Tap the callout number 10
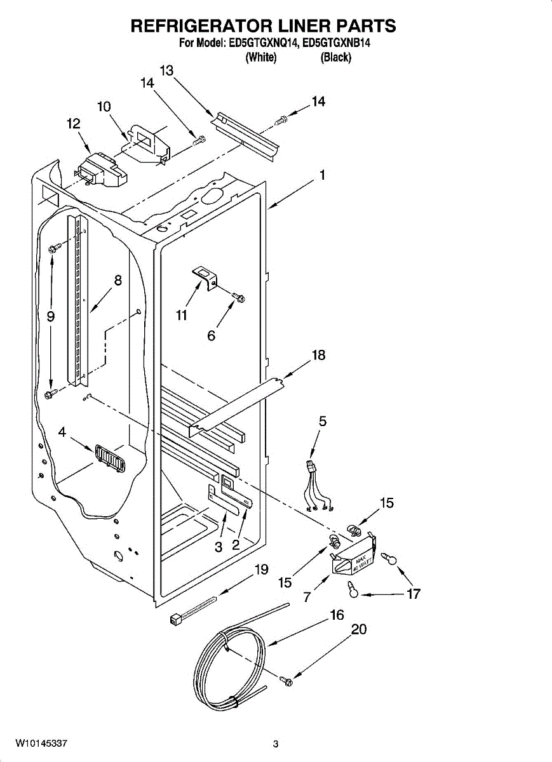coord(104,107)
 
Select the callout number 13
coord(167,71)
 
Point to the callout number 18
coord(318,355)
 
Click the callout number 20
coord(359,629)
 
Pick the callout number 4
coord(62,432)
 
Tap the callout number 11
coord(182,315)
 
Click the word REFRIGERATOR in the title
coord(201,26)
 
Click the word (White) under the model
coord(260,58)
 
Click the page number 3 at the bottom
coord(276,744)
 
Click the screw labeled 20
coord(285,681)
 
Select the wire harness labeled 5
coord(318,486)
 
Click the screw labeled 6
coord(239,296)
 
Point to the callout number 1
coord(323,175)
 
